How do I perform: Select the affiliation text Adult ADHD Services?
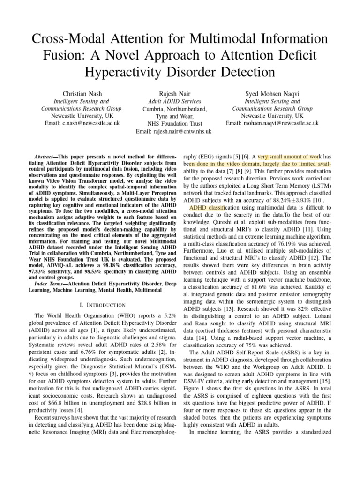pyautogui.click(x=174, y=101)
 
